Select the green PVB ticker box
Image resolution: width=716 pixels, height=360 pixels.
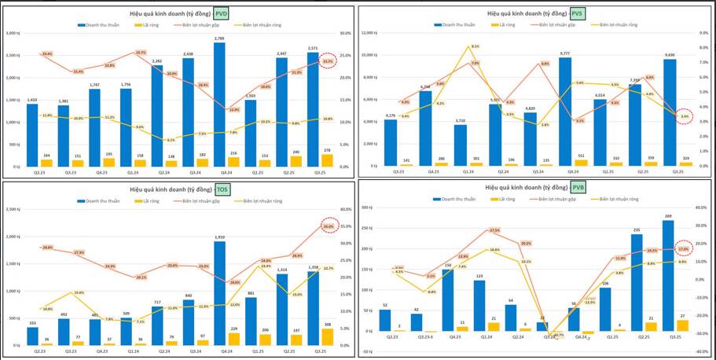coord(578,188)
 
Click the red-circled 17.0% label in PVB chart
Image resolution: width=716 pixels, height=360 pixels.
coord(682,248)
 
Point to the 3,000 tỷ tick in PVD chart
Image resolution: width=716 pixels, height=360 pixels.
coord(14,33)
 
